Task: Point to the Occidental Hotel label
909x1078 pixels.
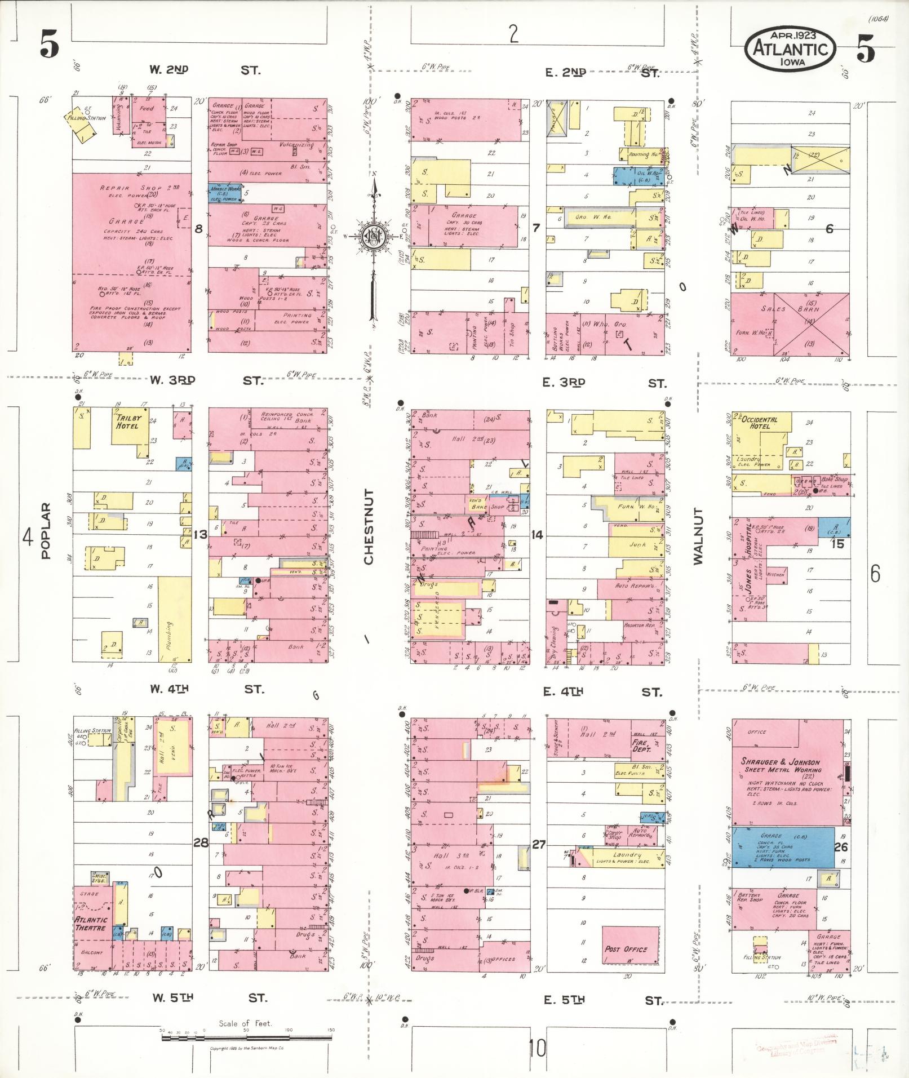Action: click(759, 423)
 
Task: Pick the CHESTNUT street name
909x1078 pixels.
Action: click(369, 527)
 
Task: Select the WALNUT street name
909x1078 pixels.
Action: click(699, 535)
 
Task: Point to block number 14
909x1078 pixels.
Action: click(537, 535)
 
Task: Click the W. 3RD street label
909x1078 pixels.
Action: click(172, 380)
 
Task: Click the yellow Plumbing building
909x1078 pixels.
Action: click(175, 618)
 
